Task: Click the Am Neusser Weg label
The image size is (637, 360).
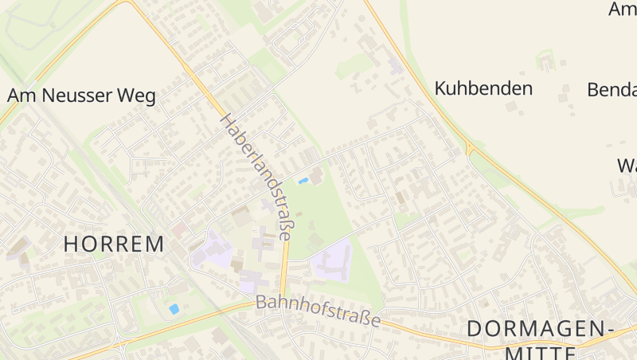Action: (81, 96)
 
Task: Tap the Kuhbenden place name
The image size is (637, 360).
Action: (483, 88)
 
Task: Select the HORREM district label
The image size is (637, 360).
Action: (114, 244)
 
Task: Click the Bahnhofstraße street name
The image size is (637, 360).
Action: (318, 311)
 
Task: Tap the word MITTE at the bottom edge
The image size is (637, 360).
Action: (540, 353)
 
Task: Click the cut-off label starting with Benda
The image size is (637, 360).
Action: (612, 89)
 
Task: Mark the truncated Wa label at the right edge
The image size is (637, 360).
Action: (627, 166)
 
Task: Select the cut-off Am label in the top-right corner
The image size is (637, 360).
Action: (623, 10)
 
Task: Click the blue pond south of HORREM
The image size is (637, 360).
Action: (174, 308)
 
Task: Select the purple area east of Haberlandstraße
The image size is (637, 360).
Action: (333, 261)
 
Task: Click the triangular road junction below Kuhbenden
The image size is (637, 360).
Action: (471, 150)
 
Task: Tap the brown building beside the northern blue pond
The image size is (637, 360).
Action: (317, 176)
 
